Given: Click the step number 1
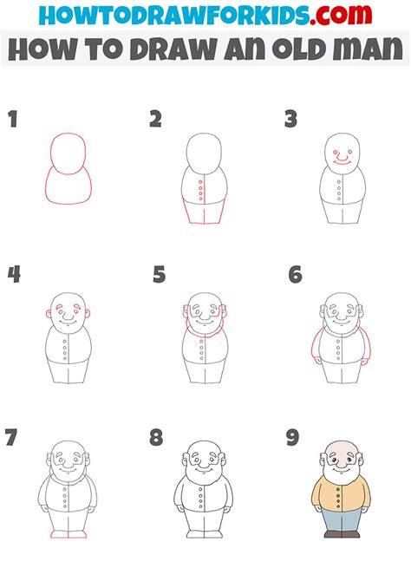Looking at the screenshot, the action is click(13, 120).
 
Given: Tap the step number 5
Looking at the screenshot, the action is click(160, 275).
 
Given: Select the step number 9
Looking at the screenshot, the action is click(293, 437).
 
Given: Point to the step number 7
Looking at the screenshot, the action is click(10, 437).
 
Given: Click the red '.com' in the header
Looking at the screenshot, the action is click(341, 15).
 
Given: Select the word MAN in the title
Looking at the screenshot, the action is click(368, 49).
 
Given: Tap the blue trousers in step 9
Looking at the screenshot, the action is click(341, 520).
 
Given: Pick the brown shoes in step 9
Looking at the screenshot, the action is click(342, 534).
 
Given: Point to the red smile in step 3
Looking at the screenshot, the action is click(342, 161).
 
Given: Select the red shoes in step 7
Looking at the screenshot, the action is click(68, 534).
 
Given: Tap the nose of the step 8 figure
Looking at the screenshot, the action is click(204, 463).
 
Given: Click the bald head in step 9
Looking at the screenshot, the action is click(341, 449).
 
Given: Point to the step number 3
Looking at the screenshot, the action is click(291, 120).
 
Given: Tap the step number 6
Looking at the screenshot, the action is click(296, 275).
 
